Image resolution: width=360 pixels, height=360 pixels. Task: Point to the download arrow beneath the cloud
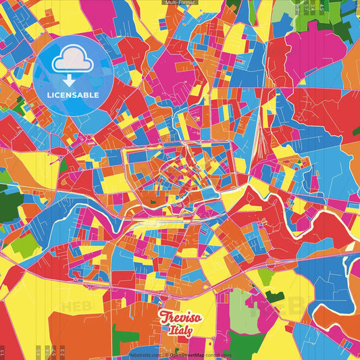click(70, 78)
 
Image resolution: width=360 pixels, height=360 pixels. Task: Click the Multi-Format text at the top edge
click(180, 3)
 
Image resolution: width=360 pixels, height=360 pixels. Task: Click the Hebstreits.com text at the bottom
click(145, 355)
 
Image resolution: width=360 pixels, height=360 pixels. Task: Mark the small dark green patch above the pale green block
click(274, 295)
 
